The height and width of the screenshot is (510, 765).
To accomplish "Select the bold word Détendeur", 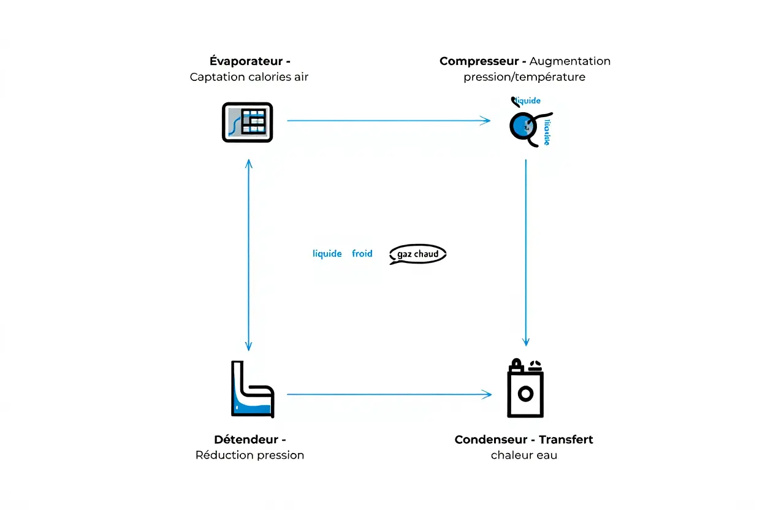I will tap(245, 440).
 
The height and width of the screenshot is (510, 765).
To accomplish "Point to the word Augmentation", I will tap(570, 61).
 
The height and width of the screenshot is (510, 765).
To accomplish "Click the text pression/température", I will tap(524, 77).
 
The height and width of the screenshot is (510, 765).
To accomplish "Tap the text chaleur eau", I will tap(524, 455).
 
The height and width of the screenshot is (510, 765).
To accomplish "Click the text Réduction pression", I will tap(249, 455).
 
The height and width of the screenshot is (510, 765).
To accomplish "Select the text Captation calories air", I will tap(249, 77).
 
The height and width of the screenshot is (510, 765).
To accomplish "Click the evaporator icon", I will tap(247, 122).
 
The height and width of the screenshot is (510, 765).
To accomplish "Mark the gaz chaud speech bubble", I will tap(417, 254).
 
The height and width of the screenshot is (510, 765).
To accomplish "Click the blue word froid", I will tap(362, 254).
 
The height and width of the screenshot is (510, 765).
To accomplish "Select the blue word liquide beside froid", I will tap(327, 254).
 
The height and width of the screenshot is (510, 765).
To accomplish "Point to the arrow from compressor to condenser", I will tap(526, 251).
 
